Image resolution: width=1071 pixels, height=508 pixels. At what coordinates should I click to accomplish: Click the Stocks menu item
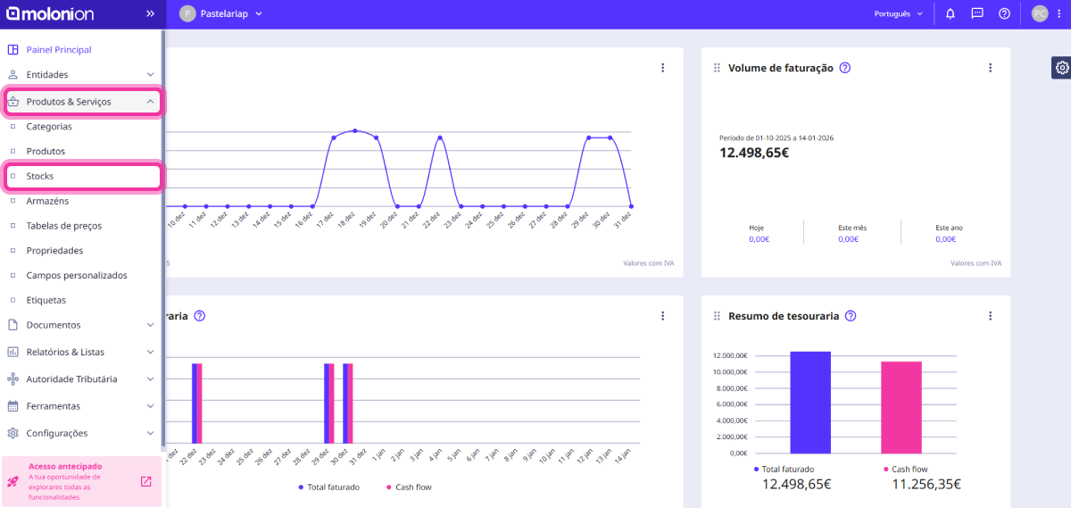tap(40, 177)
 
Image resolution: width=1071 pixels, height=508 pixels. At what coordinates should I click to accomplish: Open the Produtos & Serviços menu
tap(69, 102)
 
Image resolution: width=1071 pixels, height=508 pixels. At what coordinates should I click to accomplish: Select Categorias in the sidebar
tap(49, 127)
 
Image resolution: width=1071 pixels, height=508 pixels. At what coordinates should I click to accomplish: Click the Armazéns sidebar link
tap(47, 201)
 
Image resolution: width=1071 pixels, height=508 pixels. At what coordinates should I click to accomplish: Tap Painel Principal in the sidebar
tap(59, 50)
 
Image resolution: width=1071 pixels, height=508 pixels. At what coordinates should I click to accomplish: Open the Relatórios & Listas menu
tap(65, 353)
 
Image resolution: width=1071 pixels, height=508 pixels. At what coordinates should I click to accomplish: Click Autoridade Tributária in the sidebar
tap(71, 379)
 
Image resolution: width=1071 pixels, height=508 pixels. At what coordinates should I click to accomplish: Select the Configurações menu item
tap(57, 433)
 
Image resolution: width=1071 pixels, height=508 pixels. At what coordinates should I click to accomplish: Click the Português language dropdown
tap(898, 14)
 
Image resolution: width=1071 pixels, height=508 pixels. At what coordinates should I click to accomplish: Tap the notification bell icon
tap(951, 14)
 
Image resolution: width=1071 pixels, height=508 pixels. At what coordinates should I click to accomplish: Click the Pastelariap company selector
tap(221, 14)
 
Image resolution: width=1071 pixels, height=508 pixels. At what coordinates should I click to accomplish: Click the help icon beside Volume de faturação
tap(845, 68)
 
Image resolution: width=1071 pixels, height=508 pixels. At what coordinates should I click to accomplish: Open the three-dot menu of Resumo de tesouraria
tap(990, 316)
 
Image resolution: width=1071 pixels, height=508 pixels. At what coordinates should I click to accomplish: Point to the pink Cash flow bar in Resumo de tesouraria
tap(901, 407)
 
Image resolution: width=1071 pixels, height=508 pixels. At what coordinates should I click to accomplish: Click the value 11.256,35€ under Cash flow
tap(926, 484)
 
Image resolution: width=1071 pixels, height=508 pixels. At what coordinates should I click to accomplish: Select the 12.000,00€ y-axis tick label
tap(729, 355)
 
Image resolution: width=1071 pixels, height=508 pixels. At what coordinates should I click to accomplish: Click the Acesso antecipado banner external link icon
tap(146, 482)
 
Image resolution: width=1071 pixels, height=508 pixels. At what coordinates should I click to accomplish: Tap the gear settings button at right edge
tap(1061, 68)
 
